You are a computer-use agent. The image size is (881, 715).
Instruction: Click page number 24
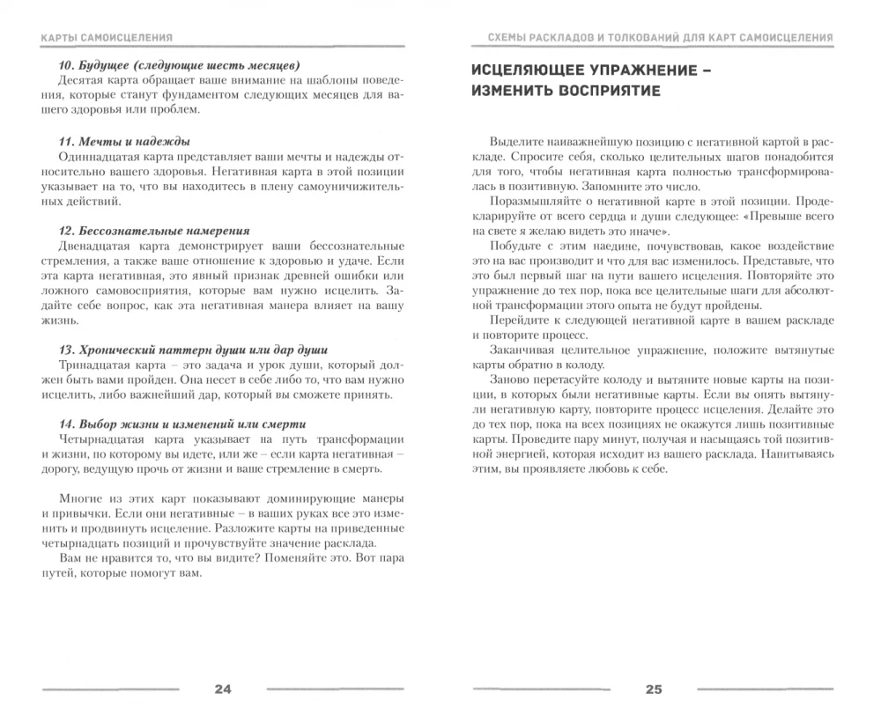pos(222,689)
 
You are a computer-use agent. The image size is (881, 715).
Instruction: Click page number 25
pos(653,689)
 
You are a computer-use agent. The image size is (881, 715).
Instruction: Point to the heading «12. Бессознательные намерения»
pos(154,231)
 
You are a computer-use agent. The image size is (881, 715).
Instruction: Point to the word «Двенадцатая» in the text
pos(97,246)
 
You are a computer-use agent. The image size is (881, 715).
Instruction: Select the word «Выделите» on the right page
pos(515,142)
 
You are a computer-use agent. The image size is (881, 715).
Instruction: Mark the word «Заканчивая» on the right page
pos(520,350)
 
